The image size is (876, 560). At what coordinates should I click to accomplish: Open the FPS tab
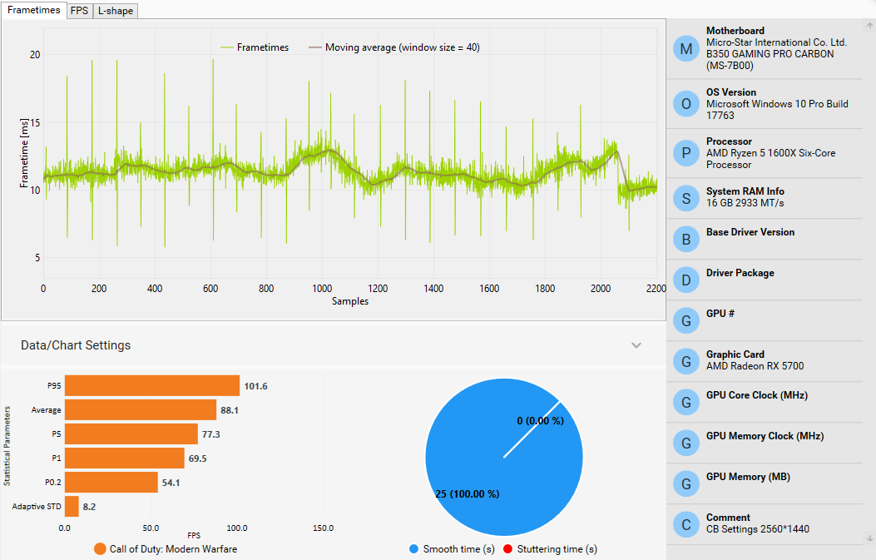pyautogui.click(x=79, y=11)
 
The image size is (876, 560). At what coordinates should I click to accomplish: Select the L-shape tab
pyautogui.click(x=115, y=11)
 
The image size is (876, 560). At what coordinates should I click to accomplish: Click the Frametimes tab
pyautogui.click(x=34, y=10)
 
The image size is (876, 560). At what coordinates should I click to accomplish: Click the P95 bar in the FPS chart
pyautogui.click(x=152, y=386)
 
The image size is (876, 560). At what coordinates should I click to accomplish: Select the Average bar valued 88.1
pyautogui.click(x=141, y=409)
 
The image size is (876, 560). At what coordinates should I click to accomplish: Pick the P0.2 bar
pyautogui.click(x=111, y=482)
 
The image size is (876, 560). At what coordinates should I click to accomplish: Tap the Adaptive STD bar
pyautogui.click(x=72, y=506)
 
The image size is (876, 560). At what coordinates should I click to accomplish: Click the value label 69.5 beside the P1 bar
pyautogui.click(x=198, y=458)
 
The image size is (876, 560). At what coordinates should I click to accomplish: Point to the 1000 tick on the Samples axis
pyautogui.click(x=321, y=289)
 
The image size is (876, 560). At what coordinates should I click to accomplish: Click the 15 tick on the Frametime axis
pyautogui.click(x=34, y=122)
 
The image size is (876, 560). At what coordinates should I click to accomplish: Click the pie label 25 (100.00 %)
pyautogui.click(x=467, y=494)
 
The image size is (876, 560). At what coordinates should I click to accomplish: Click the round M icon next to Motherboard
pyautogui.click(x=685, y=48)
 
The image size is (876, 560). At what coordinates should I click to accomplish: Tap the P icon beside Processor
pyautogui.click(x=685, y=153)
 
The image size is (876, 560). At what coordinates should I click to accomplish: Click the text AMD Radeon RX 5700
pyautogui.click(x=755, y=366)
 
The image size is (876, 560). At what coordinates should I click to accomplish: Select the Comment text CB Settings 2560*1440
pyautogui.click(x=758, y=529)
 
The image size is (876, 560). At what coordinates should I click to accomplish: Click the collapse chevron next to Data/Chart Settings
pyautogui.click(x=636, y=345)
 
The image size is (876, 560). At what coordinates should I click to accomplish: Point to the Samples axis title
pyautogui.click(x=349, y=301)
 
